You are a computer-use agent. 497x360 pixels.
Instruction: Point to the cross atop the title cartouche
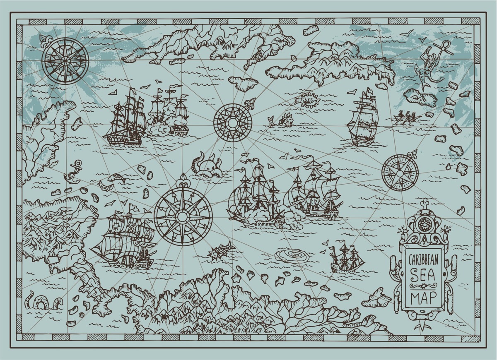[x=424, y=203]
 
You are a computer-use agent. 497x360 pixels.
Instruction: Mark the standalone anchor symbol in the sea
[x=73, y=171]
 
